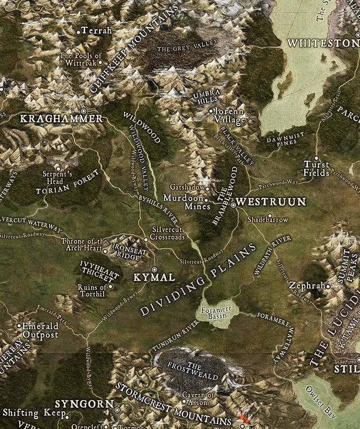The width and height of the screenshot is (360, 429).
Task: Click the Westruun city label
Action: pos(271,202)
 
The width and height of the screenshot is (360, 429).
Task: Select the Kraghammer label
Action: pos(61,119)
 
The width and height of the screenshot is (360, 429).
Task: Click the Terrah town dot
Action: pos(79,31)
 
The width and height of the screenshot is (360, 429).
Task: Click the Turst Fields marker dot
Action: pos(316,158)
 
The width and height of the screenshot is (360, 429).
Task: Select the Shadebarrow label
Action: pos(268,220)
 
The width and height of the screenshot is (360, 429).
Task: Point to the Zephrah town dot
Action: pos(328,286)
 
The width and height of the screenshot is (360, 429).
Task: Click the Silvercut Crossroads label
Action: pos(167,233)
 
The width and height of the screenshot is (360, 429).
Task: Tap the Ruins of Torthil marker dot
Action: pos(110,287)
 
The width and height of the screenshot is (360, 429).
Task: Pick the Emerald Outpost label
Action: pos(40,330)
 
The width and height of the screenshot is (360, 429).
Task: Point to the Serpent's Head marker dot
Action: pos(58,169)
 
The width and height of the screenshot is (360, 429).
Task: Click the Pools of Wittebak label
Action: pos(81,59)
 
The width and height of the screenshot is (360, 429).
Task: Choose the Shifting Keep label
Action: pos(34,413)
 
